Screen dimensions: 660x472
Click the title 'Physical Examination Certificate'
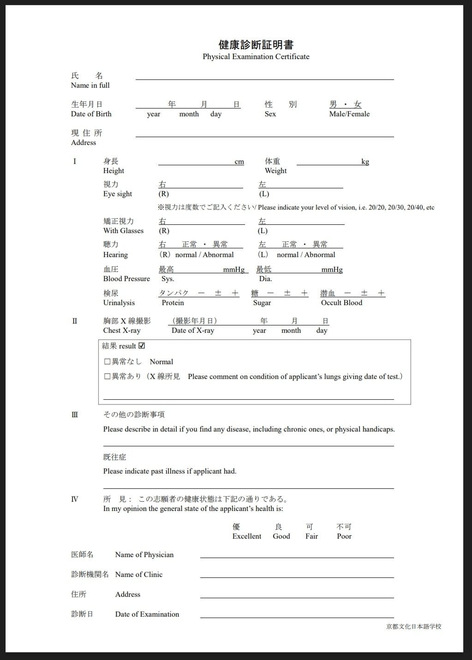[256, 57]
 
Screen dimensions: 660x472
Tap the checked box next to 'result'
[142, 346]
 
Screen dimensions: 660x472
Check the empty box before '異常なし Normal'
[108, 362]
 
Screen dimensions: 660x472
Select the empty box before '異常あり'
[108, 377]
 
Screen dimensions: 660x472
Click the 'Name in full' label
[90, 85]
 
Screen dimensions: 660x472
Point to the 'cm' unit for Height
[239, 162]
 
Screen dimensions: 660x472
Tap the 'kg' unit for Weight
[365, 162]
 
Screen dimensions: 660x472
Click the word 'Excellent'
[247, 536]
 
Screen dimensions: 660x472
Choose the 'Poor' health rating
[344, 536]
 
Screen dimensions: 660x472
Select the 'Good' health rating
[281, 536]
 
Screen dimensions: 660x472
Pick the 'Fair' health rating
[312, 536]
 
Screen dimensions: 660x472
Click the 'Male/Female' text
[349, 114]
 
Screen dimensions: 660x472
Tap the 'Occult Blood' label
[341, 303]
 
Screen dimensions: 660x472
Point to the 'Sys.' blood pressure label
[167, 279]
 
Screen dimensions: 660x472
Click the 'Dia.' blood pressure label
[265, 279]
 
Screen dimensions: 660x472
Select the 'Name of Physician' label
[144, 555]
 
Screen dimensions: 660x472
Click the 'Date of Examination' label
[147, 614]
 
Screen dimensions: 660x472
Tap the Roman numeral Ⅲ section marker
[75, 414]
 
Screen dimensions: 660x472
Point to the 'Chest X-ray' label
[122, 330]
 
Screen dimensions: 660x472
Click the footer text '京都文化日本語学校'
[414, 626]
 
